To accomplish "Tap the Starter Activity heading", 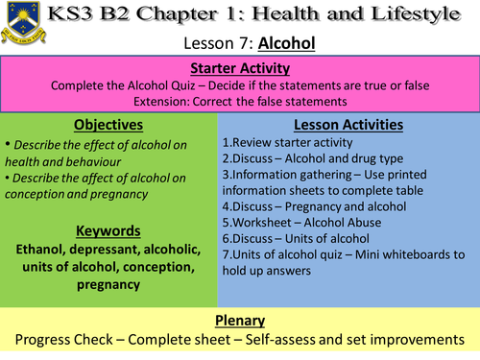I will tap(240, 68).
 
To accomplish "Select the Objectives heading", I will tap(108, 126).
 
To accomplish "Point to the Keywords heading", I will tap(108, 230).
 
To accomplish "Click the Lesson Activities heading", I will tap(348, 125).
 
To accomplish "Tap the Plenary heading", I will tap(240, 323).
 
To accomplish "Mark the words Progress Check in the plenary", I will tap(60, 342).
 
